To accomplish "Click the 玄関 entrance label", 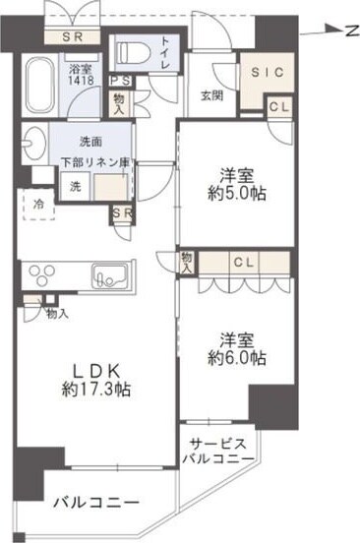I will click(x=212, y=94).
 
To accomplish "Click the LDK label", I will click(x=93, y=371).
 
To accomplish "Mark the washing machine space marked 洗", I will click(x=74, y=185).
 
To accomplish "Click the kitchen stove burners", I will click(x=45, y=272).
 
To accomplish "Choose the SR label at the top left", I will click(x=73, y=37).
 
